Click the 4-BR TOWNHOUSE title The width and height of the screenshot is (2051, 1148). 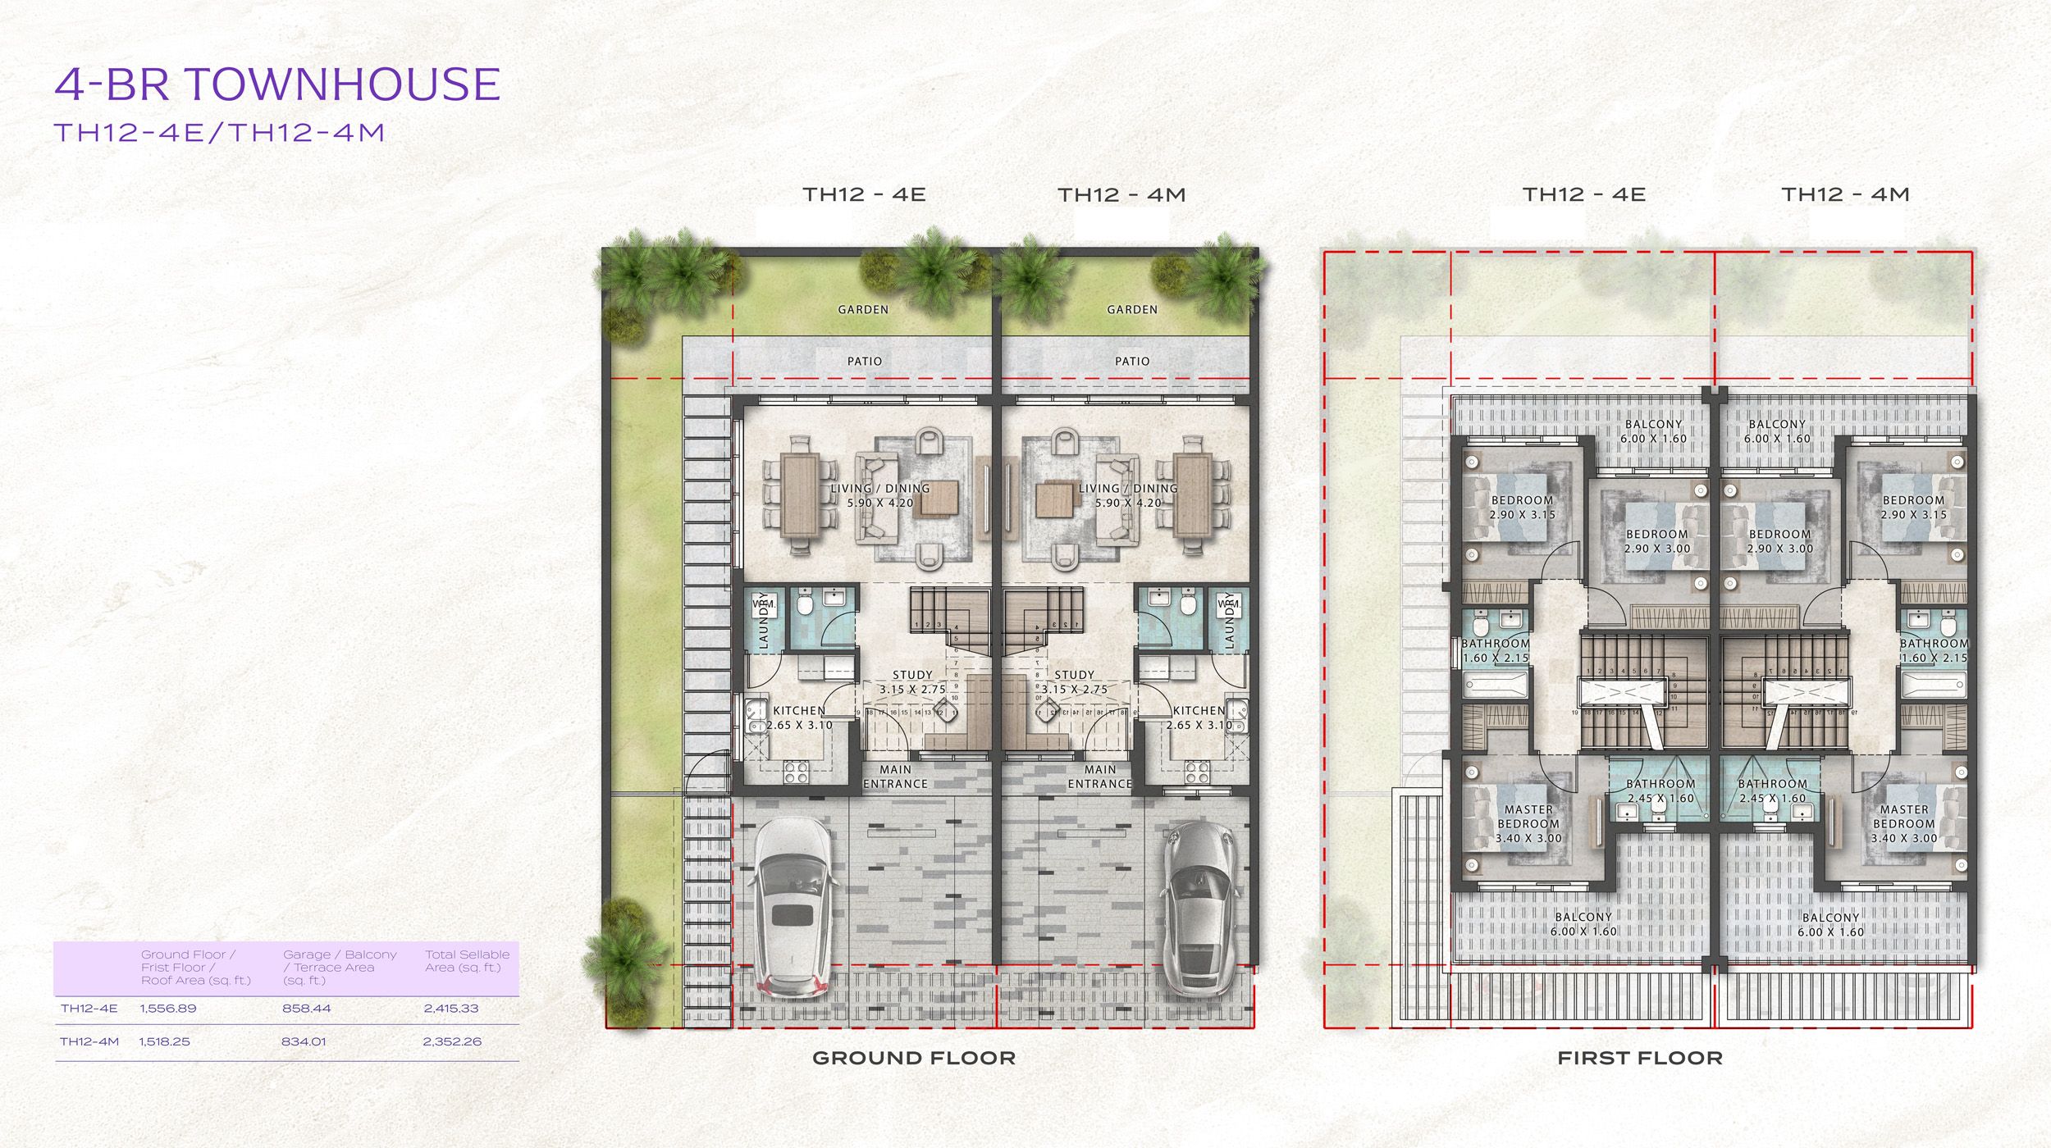277,84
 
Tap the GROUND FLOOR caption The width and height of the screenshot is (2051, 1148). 913,1058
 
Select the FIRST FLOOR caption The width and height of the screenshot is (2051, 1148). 1639,1058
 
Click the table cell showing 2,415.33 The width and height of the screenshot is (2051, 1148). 451,1009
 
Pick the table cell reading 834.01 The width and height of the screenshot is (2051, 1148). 304,1041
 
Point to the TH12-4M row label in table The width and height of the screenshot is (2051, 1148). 89,1041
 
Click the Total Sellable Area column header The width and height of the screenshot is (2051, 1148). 467,961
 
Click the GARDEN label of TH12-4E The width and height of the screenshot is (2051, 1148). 863,309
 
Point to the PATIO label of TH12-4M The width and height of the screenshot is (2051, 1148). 1132,361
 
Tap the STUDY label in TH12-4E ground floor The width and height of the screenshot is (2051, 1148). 912,682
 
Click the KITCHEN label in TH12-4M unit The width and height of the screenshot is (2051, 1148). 1199,717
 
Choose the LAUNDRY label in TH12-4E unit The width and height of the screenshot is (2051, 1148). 764,621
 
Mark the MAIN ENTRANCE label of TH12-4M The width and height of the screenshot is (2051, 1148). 1099,777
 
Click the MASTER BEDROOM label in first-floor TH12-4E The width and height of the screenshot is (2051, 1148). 1528,823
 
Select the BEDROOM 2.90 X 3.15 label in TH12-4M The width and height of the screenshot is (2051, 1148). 1913,507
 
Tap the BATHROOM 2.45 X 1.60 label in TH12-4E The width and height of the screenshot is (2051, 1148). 1660,790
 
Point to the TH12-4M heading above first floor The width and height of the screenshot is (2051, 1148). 1845,194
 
